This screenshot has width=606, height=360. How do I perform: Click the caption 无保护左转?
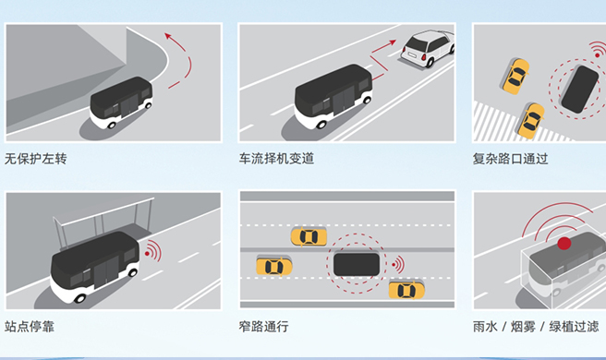[35, 159]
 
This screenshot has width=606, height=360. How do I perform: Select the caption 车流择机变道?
[276, 159]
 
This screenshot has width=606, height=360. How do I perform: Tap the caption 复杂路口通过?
[510, 159]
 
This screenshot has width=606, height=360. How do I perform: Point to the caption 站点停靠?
[30, 327]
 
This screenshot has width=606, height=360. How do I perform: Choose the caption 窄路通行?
[263, 327]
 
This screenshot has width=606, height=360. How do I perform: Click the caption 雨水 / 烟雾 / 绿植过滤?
[536, 327]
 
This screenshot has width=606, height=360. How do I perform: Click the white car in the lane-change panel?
[428, 48]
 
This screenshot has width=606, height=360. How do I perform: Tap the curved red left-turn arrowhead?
[168, 36]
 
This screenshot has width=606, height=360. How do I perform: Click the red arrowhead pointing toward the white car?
[393, 42]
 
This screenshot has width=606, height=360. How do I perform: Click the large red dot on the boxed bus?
[564, 244]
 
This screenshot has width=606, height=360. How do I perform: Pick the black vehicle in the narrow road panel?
[357, 264]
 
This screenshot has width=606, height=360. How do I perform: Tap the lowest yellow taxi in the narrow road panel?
[406, 290]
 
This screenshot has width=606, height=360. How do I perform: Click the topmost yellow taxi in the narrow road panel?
[309, 236]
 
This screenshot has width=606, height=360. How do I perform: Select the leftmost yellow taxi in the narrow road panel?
[274, 267]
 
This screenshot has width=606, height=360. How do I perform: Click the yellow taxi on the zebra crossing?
[531, 121]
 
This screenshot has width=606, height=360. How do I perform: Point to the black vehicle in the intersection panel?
[580, 90]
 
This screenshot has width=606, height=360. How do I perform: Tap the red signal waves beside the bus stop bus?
[153, 251]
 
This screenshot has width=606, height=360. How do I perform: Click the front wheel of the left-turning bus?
[112, 125]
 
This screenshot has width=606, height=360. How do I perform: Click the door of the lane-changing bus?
[343, 100]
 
